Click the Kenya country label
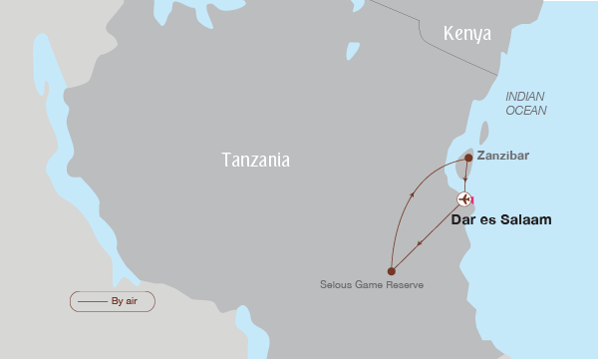pos(467,34)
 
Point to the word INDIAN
pos(525,96)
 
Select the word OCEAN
pos(525,110)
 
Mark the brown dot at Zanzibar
pos(467,158)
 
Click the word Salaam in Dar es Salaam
pos(525,219)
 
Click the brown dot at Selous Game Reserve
pos(392,270)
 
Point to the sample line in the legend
pos(92,300)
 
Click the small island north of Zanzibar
pos(484,133)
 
